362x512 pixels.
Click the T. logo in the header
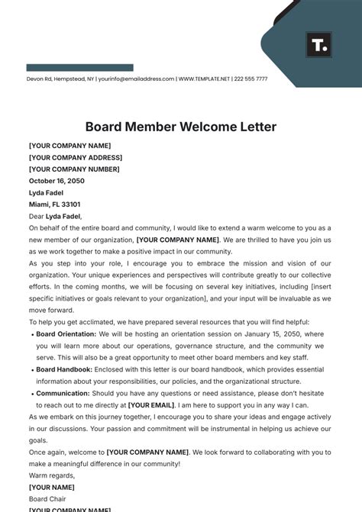[318, 45]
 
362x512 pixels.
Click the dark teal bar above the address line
[79, 68]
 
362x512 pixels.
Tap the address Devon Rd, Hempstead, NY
[60, 79]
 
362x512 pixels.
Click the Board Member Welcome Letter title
[180, 127]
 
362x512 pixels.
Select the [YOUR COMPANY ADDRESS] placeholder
[75, 158]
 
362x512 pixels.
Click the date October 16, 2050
[57, 182]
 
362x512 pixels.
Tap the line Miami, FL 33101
[54, 204]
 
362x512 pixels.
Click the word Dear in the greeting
[36, 217]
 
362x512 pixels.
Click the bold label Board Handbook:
[64, 369]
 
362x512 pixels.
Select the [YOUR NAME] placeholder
[51, 487]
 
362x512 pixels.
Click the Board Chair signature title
[47, 499]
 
